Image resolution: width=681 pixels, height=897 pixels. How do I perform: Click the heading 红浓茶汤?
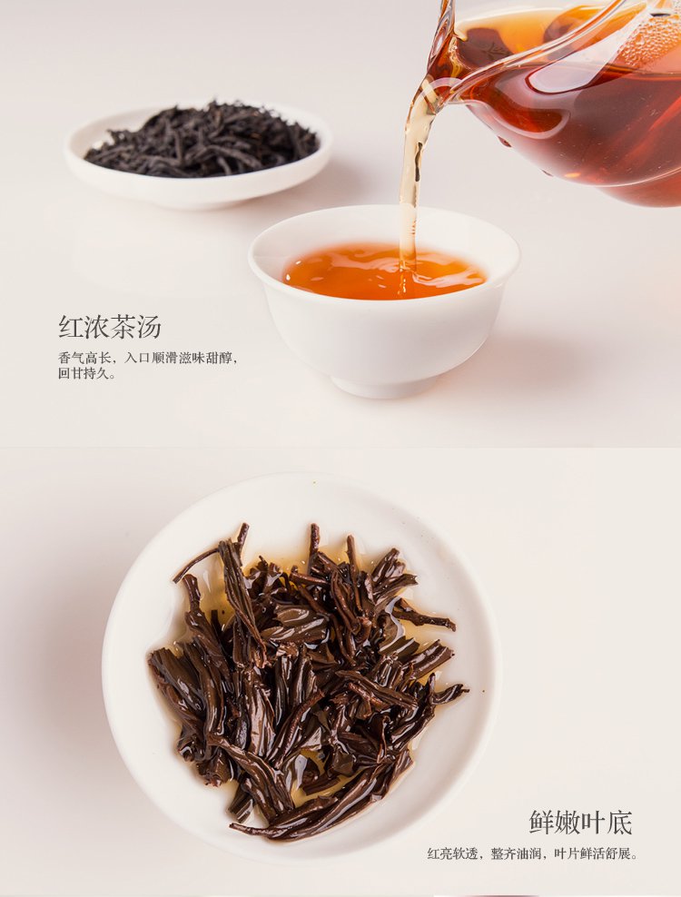tap(109, 327)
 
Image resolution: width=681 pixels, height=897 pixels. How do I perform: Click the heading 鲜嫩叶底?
tap(580, 823)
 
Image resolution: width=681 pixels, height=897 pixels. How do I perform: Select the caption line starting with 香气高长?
tap(148, 358)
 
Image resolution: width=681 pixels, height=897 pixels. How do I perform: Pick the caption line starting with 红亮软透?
tap(533, 853)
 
